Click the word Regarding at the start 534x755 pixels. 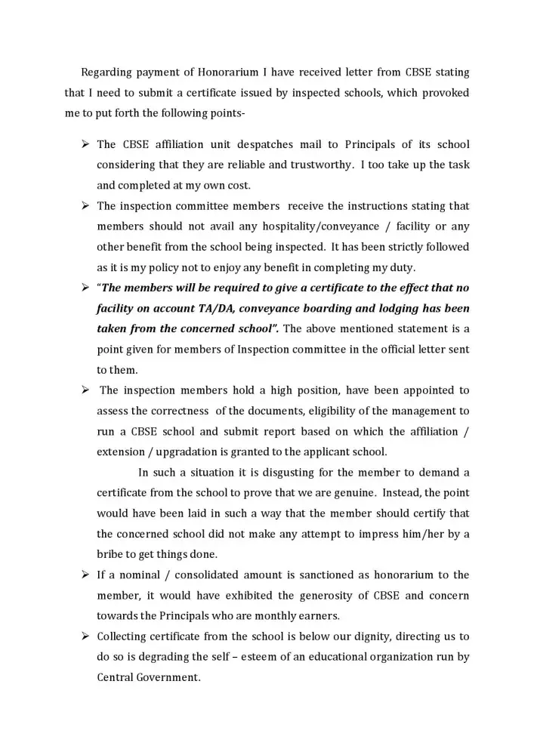tap(106, 72)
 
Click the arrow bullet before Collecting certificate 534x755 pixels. tap(85, 636)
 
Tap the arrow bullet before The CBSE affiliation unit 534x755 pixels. tap(85, 144)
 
